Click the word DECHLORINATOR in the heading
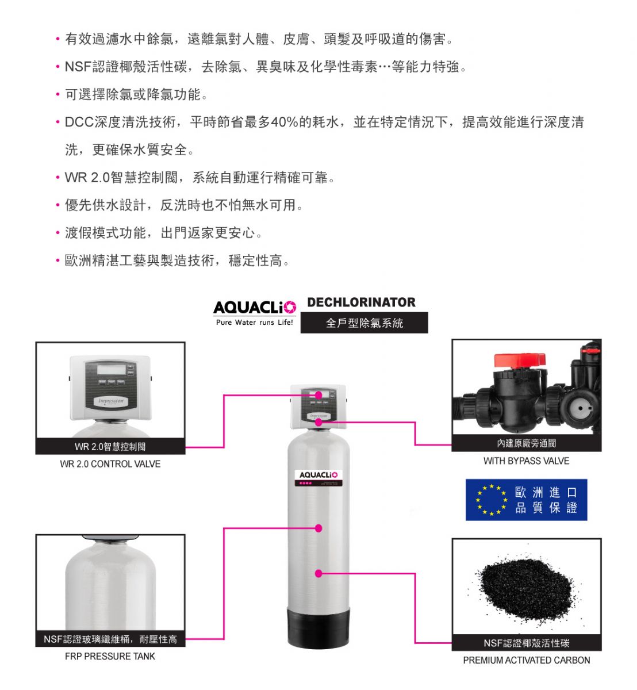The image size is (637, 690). (x=361, y=302)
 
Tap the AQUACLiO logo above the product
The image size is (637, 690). (x=254, y=307)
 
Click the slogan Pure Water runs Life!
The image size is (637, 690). (x=254, y=323)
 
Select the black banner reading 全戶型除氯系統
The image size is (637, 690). (x=364, y=323)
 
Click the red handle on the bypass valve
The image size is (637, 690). (x=519, y=361)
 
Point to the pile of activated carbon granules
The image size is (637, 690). (x=526, y=588)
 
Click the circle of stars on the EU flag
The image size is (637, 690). (x=492, y=500)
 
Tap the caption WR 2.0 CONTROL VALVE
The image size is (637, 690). (x=110, y=464)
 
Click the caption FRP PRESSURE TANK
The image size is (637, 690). (x=110, y=656)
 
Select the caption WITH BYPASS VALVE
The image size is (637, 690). (x=526, y=461)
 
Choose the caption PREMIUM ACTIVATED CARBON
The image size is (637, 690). (x=527, y=660)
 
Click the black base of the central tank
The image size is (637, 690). (x=318, y=627)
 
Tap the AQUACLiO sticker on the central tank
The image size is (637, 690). (x=318, y=478)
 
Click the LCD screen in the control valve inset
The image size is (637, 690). (x=111, y=369)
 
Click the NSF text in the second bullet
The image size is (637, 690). (x=78, y=67)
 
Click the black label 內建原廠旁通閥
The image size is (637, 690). (x=527, y=443)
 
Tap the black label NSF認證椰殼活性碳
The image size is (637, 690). (x=527, y=643)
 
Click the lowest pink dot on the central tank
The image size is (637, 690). (x=318, y=573)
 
